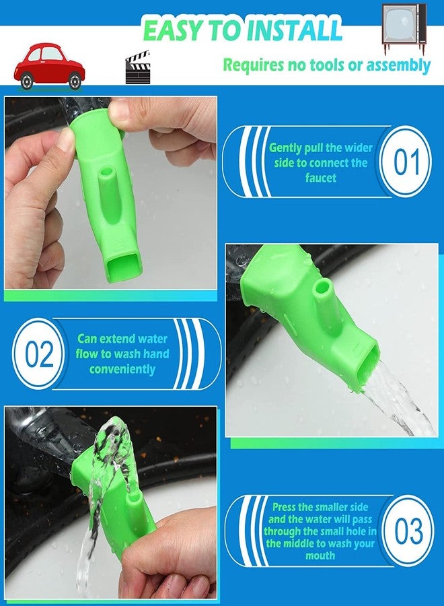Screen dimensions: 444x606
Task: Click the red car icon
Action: click(49, 67)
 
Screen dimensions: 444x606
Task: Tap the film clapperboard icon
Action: click(138, 67)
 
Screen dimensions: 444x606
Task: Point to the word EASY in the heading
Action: click(174, 30)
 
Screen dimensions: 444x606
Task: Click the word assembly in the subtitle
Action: click(398, 65)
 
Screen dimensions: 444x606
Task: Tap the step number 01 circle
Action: click(406, 162)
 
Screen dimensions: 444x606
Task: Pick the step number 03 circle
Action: click(408, 531)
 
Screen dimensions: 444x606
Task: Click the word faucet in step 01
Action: click(321, 178)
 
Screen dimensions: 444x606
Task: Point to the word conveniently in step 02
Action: click(122, 369)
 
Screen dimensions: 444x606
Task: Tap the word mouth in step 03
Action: click(320, 555)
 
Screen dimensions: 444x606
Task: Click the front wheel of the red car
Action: click(75, 81)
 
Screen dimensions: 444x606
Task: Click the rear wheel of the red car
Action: click(27, 81)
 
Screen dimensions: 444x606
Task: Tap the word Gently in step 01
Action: click(285, 148)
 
